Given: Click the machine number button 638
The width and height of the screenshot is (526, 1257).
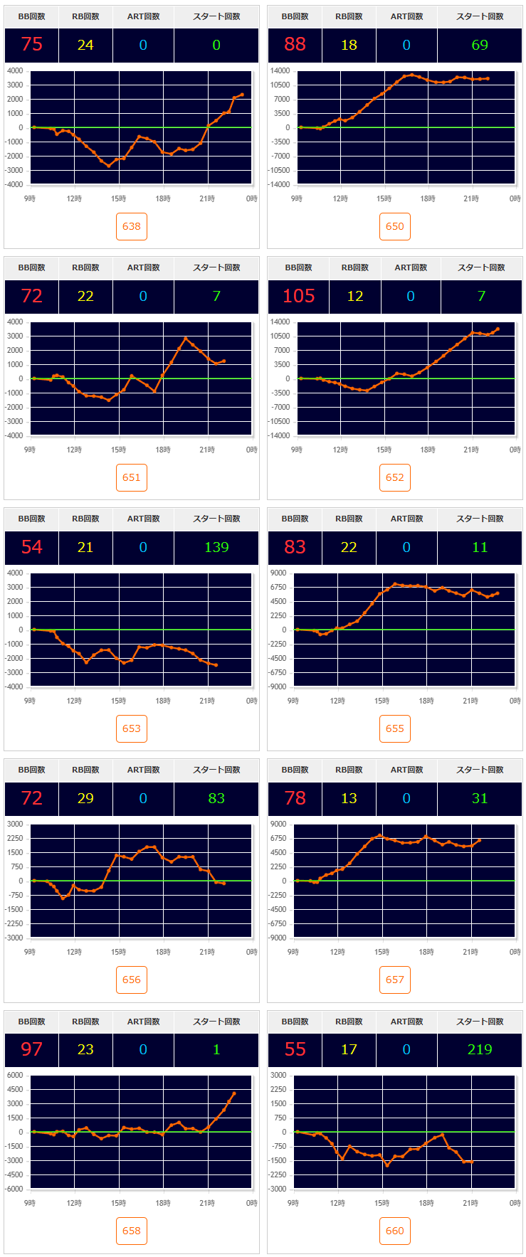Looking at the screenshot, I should click(132, 226).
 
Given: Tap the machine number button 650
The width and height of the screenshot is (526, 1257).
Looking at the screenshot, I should click(395, 226).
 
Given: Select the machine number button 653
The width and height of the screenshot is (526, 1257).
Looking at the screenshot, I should click(132, 728).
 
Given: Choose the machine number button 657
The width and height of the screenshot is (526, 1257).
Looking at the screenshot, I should click(395, 980).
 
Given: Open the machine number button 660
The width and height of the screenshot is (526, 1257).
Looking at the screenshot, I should click(395, 1231).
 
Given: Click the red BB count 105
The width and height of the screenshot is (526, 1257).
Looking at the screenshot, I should click(299, 296).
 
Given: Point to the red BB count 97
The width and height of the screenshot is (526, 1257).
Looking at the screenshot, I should click(32, 1049).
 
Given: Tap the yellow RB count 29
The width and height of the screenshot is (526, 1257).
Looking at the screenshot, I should click(85, 798).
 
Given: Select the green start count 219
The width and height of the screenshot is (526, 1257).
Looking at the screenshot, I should click(480, 1049).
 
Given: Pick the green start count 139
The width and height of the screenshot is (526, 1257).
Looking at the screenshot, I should click(216, 547).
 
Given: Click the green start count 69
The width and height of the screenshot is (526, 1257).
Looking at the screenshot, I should click(480, 45).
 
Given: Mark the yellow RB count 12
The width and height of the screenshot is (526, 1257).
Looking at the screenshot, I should click(355, 296).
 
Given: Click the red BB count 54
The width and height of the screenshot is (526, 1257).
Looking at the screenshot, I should click(32, 547).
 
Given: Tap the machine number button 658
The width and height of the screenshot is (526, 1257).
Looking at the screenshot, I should click(132, 1231).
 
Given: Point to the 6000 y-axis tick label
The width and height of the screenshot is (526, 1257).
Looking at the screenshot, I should click(16, 1075).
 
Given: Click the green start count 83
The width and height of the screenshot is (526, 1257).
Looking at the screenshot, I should click(216, 798).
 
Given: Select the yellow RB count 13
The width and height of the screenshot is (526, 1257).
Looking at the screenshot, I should click(349, 798).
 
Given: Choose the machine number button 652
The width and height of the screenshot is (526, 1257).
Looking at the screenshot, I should click(395, 477).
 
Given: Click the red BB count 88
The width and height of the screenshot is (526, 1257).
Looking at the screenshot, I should click(295, 45).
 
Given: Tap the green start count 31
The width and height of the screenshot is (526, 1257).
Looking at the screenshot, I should click(480, 798).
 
